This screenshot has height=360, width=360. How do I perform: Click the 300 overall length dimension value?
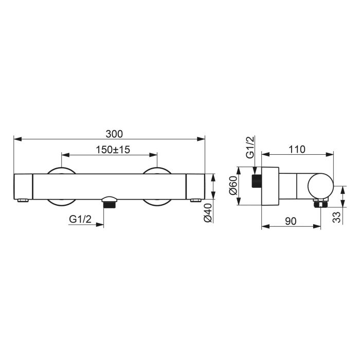(x=114, y=134)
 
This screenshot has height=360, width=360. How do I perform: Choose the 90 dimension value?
(x=291, y=221)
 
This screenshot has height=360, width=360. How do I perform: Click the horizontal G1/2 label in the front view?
(x=80, y=219)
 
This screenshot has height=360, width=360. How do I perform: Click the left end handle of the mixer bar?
(x=23, y=186)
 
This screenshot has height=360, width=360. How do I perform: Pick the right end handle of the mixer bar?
(x=195, y=186)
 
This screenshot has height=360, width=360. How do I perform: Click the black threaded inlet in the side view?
(x=256, y=182)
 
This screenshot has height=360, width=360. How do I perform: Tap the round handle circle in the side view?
(x=320, y=186)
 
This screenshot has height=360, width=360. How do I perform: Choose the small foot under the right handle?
(x=196, y=200)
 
